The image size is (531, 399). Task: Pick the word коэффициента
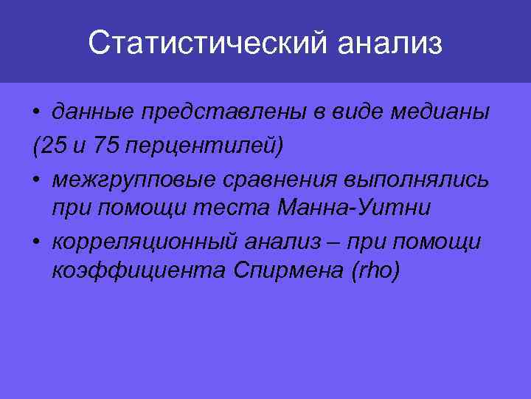click(x=129, y=273)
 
